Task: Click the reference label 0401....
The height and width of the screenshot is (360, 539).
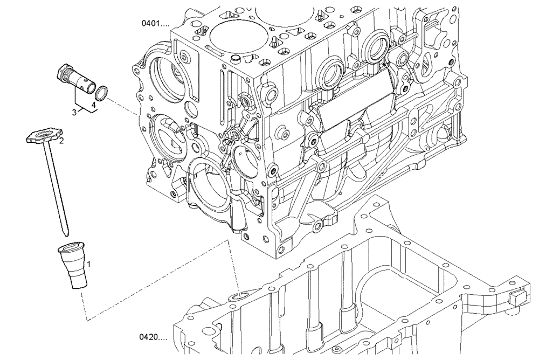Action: (x=155, y=24)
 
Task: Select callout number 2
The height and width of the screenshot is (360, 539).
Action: (x=61, y=141)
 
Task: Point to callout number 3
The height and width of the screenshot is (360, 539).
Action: (x=75, y=112)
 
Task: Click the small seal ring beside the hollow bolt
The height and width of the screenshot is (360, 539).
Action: (x=103, y=93)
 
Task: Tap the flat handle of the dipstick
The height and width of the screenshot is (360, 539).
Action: (x=44, y=135)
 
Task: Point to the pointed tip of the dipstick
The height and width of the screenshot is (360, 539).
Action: (x=65, y=233)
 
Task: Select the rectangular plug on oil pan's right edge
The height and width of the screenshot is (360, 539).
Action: (x=517, y=297)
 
